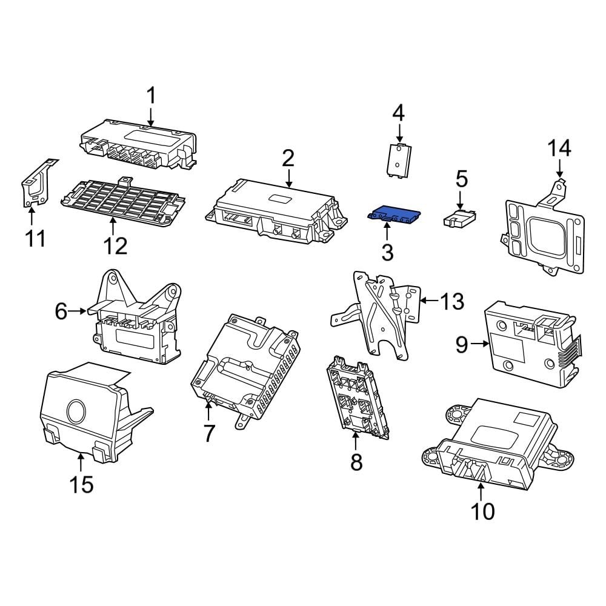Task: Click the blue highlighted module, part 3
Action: (x=394, y=213)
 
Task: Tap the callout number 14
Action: (x=559, y=148)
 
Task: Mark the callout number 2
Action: (x=288, y=159)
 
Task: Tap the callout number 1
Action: (x=151, y=96)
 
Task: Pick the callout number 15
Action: (x=81, y=484)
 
